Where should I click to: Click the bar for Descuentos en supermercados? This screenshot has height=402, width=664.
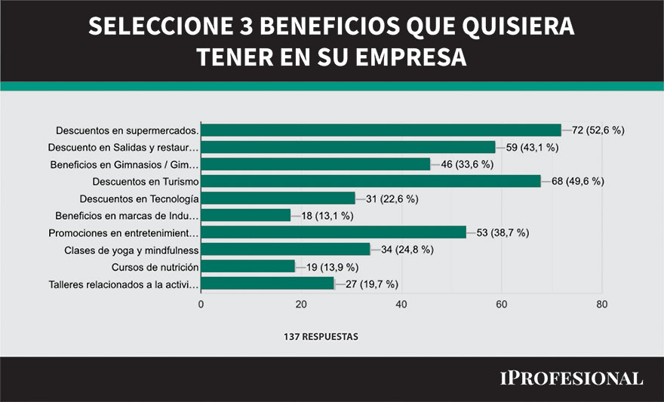[x=381, y=130]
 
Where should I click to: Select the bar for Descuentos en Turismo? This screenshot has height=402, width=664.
[x=370, y=181]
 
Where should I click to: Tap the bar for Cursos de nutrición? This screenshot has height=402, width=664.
[x=247, y=266]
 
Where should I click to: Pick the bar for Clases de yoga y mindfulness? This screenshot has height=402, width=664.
[x=285, y=250]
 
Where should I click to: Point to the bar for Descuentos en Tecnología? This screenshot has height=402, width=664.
[x=278, y=198]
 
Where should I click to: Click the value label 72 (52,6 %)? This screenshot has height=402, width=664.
[x=598, y=130]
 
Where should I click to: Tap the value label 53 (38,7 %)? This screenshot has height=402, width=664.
[x=503, y=232]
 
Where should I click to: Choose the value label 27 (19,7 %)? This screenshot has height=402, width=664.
[x=371, y=284]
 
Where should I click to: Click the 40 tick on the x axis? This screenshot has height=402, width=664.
[x=401, y=304]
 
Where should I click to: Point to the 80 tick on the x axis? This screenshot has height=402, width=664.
[x=601, y=304]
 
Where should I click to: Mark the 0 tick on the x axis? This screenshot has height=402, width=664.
[x=201, y=304]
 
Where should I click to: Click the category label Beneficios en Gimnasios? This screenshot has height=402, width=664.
[x=124, y=164]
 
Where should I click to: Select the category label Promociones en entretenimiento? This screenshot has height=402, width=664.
[x=123, y=233]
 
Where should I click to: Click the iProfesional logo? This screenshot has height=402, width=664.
[x=571, y=378]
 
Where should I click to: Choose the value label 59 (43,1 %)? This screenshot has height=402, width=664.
[x=532, y=147]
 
